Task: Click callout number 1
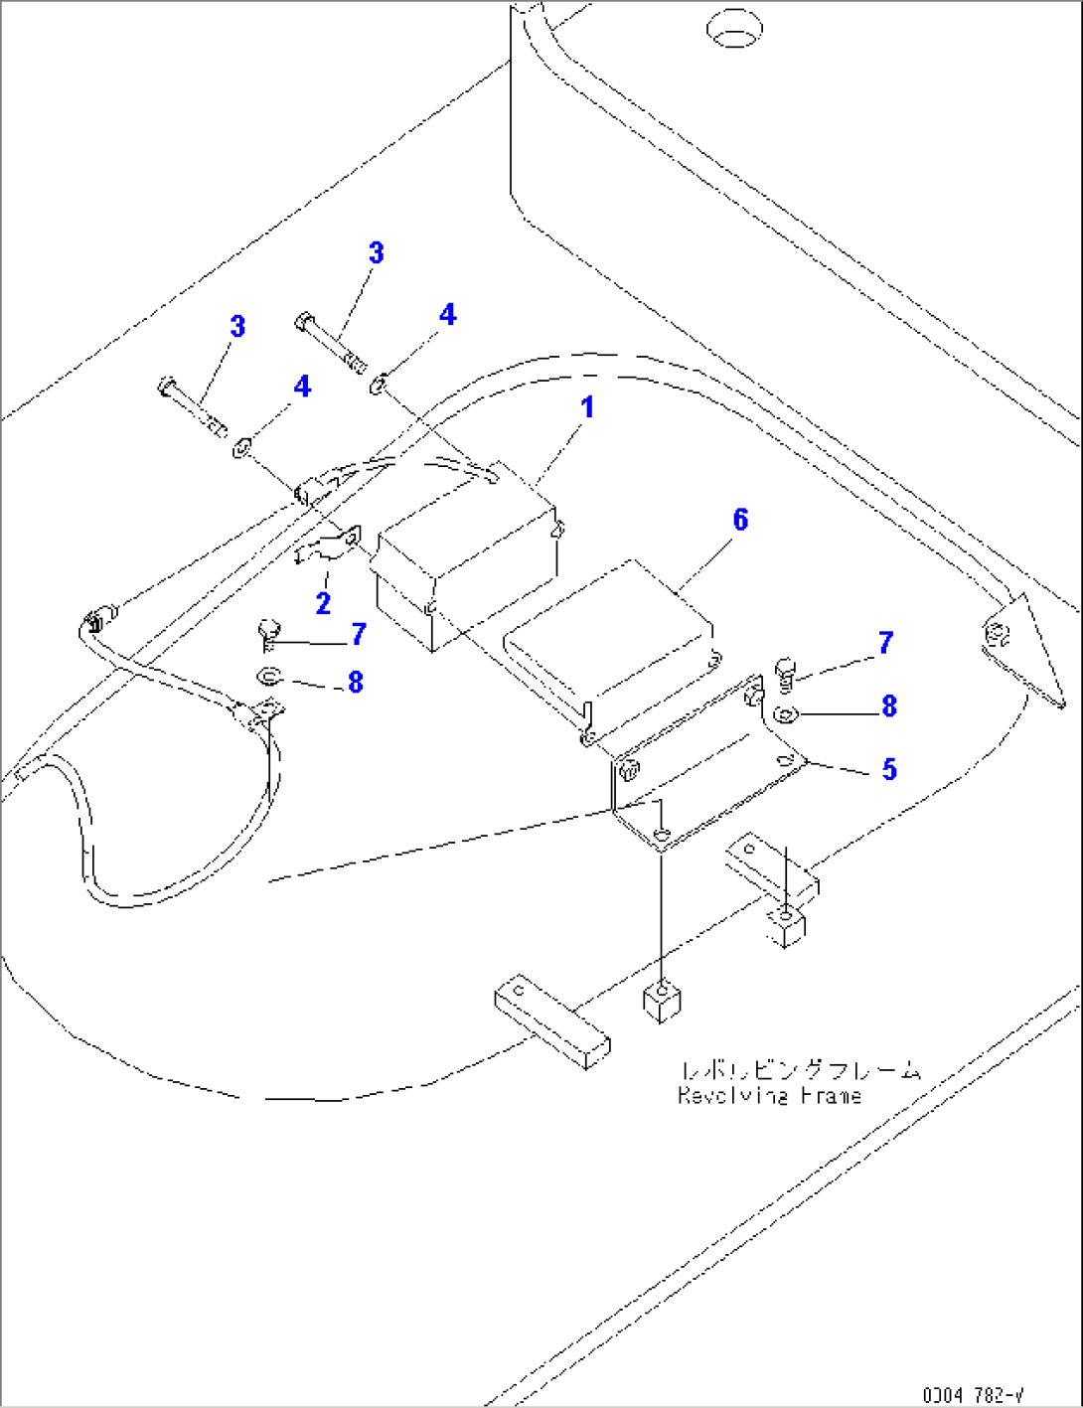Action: point(587,407)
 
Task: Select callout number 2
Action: point(322,602)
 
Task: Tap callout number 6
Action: point(740,520)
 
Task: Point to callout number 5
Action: point(889,769)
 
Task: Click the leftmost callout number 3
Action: point(236,327)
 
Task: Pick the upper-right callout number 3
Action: point(376,253)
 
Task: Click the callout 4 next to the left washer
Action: point(302,387)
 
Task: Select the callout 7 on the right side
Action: point(885,643)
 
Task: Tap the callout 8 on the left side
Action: point(355,683)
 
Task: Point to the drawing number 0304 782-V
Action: point(973,1395)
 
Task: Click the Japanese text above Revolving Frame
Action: point(801,1070)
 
